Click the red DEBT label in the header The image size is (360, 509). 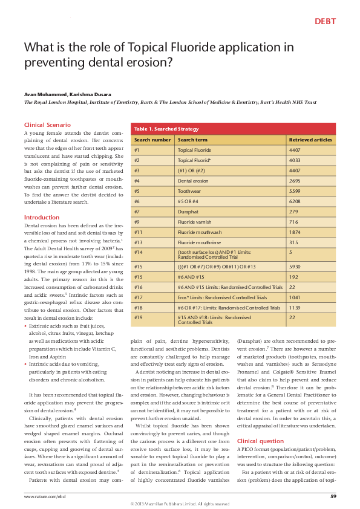pyautogui.click(x=325, y=22)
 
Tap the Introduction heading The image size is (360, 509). pyautogui.click(x=41, y=217)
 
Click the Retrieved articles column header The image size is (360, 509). pyautogui.click(x=310, y=140)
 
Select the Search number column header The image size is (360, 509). pyautogui.click(x=152, y=140)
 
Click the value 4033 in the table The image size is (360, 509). pyautogui.click(x=295, y=160)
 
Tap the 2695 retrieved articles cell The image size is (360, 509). pyautogui.click(x=295, y=180)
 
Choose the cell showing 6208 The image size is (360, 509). pyautogui.click(x=295, y=201)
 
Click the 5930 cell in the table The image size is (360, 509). pyautogui.click(x=295, y=266)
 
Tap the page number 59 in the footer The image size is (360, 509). pyautogui.click(x=333, y=496)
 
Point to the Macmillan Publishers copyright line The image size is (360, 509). pyautogui.click(x=180, y=504)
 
